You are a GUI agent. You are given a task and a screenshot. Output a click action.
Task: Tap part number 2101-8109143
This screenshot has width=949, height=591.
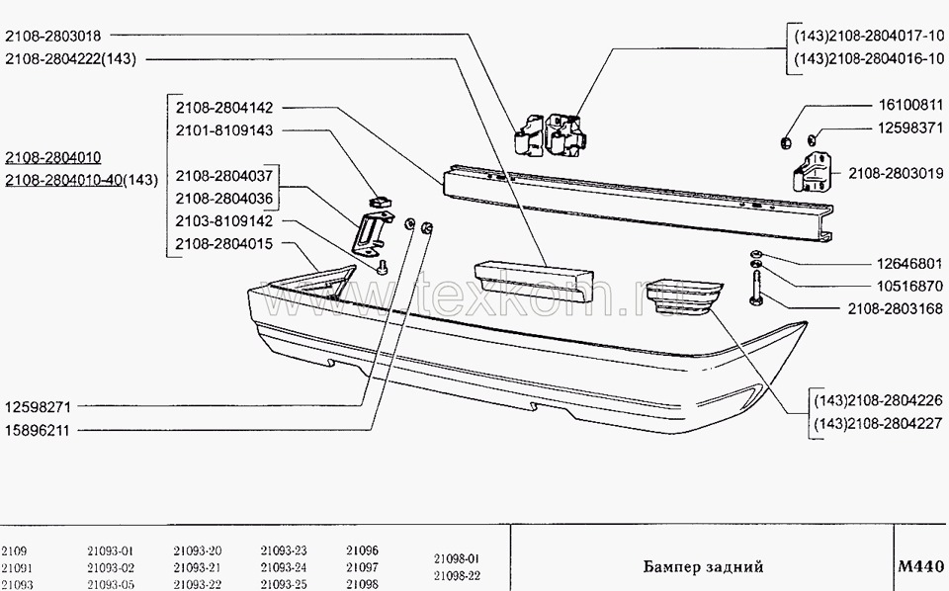point(224,129)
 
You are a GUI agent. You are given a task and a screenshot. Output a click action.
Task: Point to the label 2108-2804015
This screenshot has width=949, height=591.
point(224,243)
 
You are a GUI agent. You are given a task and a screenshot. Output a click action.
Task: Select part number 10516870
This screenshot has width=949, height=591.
point(897,288)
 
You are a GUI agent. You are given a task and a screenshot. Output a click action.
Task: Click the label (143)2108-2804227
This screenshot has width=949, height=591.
point(878,425)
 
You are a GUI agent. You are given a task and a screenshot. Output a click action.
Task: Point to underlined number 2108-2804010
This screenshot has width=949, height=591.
point(66,158)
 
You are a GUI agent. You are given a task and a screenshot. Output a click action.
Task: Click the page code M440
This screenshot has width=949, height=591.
point(920,567)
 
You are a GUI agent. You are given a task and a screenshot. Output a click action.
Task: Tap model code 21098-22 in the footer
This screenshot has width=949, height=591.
point(456,575)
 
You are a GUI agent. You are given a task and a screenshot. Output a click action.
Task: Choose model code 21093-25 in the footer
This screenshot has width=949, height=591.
point(284,584)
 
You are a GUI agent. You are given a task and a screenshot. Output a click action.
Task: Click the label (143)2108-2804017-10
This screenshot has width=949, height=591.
point(869,36)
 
